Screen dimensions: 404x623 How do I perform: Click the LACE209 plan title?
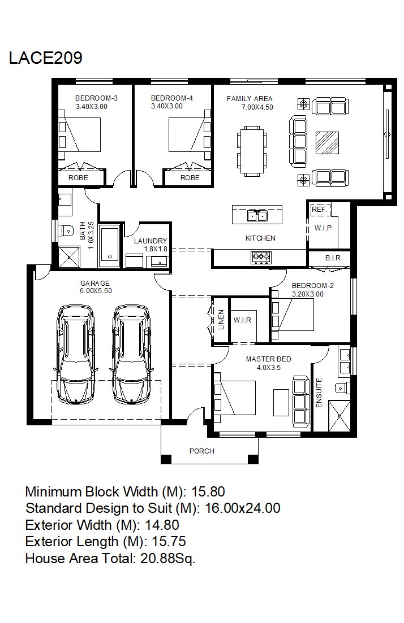point(45,58)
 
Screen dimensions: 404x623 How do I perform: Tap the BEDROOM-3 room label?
point(96,98)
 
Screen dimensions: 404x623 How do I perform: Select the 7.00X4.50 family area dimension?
point(257,107)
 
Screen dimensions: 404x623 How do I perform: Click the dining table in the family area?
point(252,151)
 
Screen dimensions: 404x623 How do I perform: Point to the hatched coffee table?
point(327,143)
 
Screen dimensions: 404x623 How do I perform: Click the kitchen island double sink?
point(257,215)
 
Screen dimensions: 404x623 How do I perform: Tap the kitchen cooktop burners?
point(261,258)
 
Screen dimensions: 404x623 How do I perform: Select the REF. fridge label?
point(319,210)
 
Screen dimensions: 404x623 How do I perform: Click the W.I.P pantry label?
point(323,228)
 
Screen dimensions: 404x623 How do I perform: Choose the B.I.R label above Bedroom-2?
point(333,258)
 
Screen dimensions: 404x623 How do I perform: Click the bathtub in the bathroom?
point(109,246)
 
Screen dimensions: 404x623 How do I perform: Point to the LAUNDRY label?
point(151,241)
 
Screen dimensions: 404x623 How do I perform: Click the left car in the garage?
point(76,354)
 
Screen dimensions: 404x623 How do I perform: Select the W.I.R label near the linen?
point(242,320)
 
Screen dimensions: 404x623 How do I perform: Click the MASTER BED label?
point(268,359)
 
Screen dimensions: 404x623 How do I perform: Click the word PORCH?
point(202,451)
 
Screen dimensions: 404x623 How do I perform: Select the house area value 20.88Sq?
point(167,558)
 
